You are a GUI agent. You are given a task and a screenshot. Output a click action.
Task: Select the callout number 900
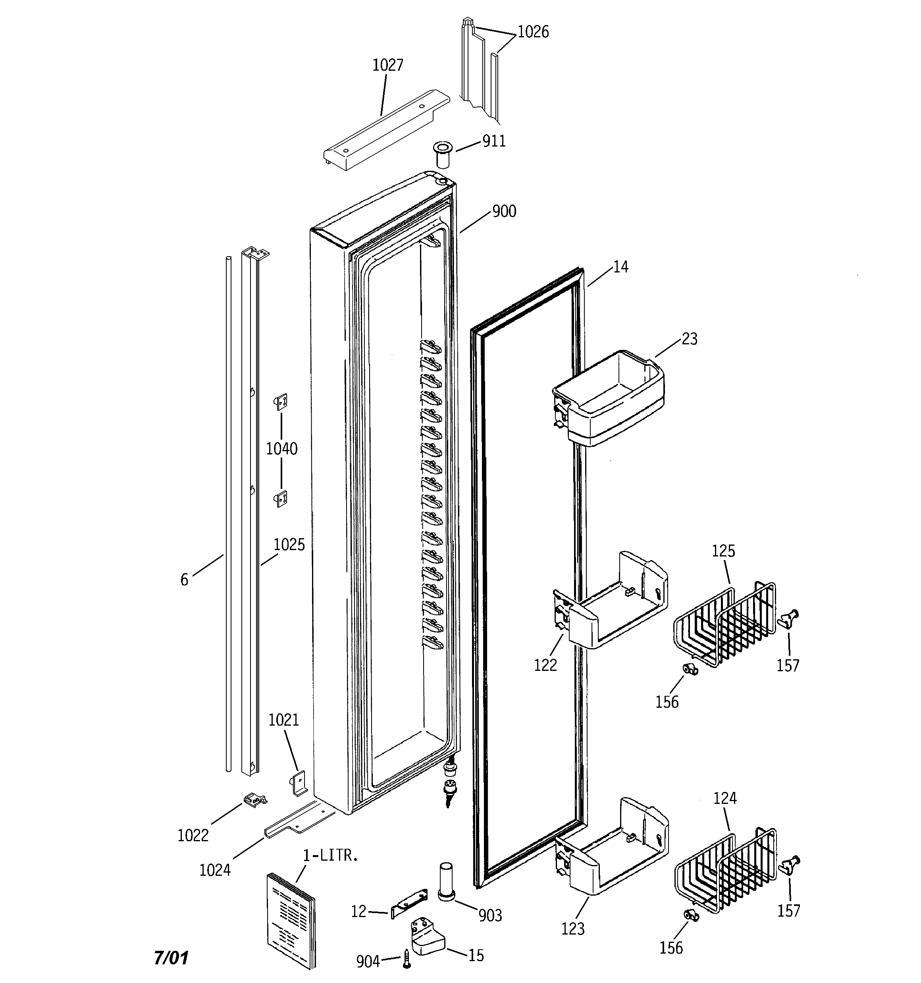pos(504,212)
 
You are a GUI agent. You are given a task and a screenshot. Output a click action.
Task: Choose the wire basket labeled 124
pos(724,870)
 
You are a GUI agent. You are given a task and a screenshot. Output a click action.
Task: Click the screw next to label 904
pos(407,959)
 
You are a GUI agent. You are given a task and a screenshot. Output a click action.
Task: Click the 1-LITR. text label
pos(330,856)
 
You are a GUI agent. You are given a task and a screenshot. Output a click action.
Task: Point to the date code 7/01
pos(171,958)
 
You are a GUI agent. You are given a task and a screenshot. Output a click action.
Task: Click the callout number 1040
pos(282,449)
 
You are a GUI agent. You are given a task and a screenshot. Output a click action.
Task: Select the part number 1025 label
pos(289,545)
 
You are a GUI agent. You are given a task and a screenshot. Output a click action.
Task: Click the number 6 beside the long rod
pos(184,579)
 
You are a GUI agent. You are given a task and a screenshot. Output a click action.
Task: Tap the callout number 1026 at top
pos(533,32)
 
